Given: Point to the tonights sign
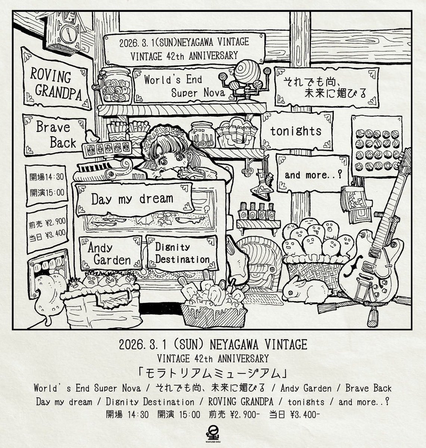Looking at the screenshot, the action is point(295,131).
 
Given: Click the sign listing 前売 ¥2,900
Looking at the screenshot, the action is point(48,227).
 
